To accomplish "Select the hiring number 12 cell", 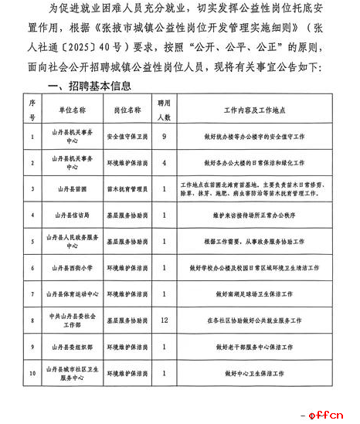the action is (164, 319).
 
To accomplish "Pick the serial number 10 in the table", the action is (32, 373).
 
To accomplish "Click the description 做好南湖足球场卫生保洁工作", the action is (250, 293).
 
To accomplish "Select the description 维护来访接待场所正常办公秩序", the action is (250, 215).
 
